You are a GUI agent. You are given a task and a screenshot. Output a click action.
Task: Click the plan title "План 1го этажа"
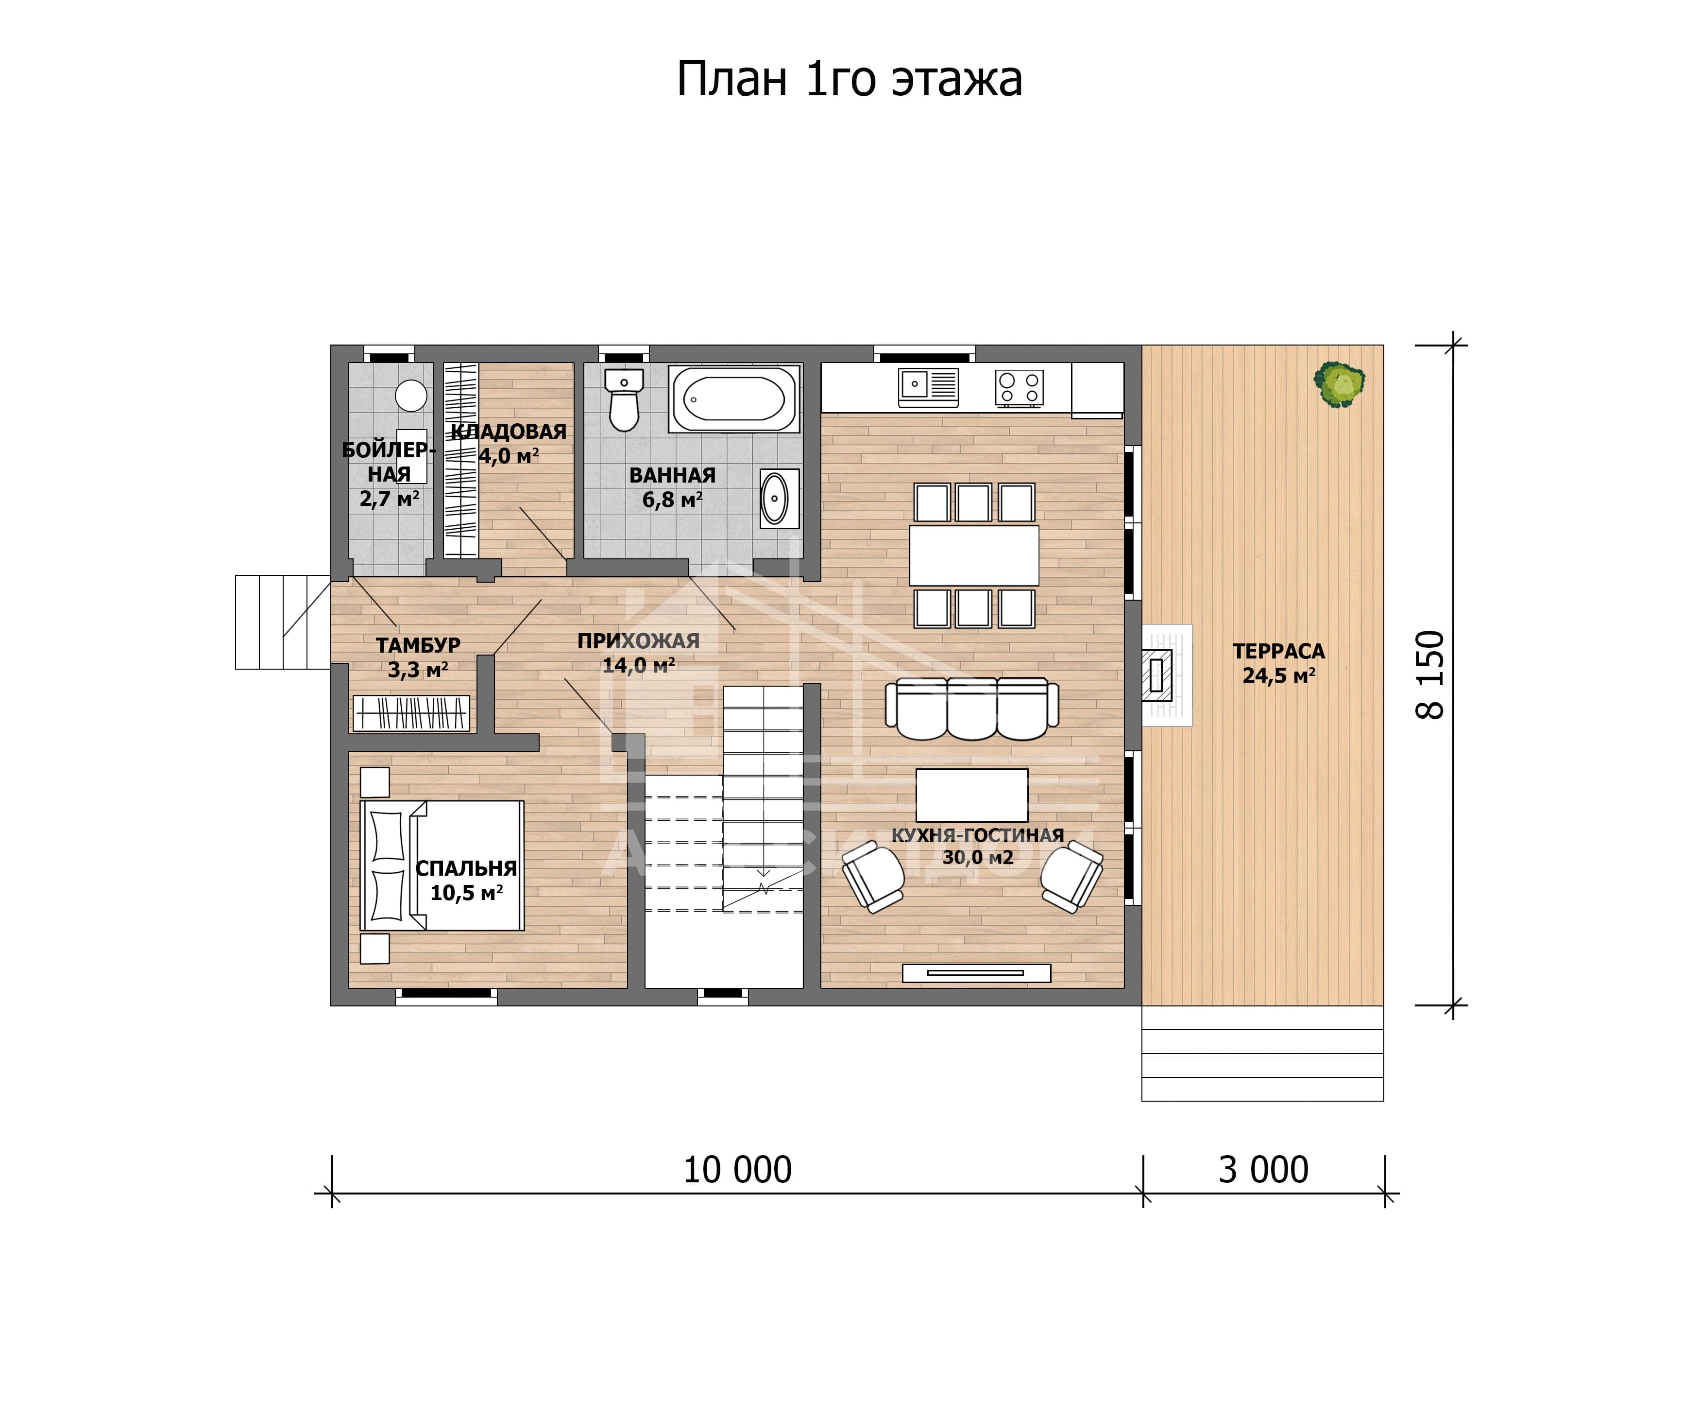[849, 79]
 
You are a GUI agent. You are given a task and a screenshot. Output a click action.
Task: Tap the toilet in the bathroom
[624, 399]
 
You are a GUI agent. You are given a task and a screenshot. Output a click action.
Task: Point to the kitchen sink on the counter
[928, 387]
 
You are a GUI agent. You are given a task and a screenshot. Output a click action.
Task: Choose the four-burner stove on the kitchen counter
[1019, 387]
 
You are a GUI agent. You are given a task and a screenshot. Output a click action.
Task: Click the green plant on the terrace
[1339, 383]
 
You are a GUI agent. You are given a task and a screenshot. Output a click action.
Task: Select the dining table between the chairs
[974, 555]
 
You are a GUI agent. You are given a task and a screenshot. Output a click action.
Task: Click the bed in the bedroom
[442, 866]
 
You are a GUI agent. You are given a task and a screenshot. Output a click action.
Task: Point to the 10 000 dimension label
[737, 1170]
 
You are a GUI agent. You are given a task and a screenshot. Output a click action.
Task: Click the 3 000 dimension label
[1263, 1170]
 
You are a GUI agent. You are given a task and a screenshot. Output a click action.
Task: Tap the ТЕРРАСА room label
[1278, 651]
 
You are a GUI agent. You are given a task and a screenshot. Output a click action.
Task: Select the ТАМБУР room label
[418, 645]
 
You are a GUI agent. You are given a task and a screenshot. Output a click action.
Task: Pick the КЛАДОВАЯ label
[509, 432]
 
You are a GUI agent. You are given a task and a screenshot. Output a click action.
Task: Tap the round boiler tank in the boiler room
[411, 396]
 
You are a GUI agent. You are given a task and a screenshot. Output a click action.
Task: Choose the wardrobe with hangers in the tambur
[411, 713]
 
